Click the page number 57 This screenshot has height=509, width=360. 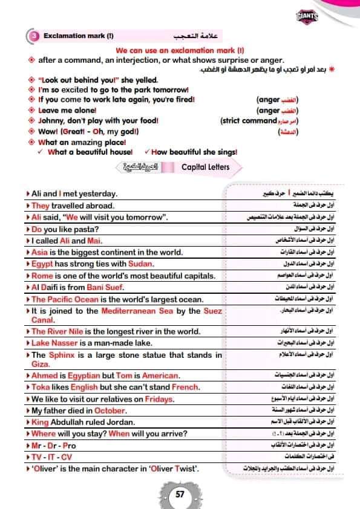(180, 493)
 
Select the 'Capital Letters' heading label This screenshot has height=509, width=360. (206, 167)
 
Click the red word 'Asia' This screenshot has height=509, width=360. (39, 252)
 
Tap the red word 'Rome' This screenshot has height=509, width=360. (42, 276)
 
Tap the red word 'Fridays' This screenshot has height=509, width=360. (157, 399)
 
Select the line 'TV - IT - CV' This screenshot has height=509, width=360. (51, 457)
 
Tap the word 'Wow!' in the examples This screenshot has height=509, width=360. (48, 132)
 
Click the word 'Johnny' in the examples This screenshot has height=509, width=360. (52, 121)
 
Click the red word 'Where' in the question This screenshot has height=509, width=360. (44, 433)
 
